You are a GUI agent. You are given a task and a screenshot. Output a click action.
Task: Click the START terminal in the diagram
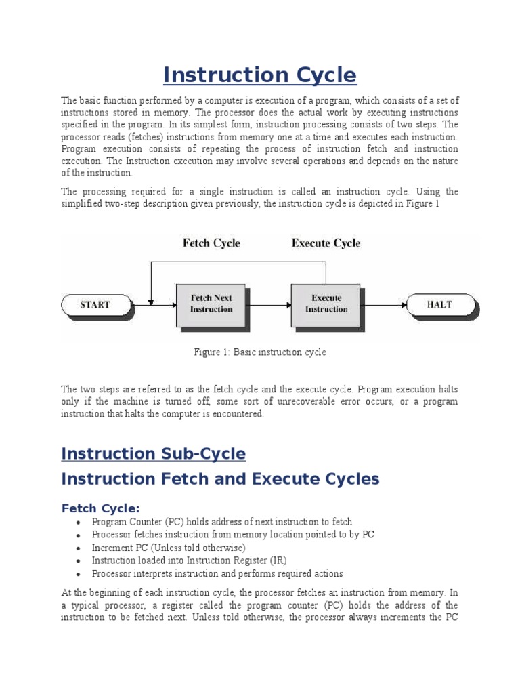point(95,304)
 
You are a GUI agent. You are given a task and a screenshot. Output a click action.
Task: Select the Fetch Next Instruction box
point(211,304)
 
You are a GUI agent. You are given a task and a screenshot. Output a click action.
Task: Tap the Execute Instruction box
point(326,304)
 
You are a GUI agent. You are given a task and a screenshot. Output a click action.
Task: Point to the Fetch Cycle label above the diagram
point(211,243)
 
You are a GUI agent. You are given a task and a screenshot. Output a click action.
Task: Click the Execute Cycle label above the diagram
point(326,243)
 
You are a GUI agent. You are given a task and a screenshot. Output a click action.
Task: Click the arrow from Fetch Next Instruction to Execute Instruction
point(267,304)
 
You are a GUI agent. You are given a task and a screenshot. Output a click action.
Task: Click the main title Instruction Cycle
point(260,75)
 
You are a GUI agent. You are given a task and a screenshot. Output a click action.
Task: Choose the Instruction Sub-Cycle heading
point(153,453)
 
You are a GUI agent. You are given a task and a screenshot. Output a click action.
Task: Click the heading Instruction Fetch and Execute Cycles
point(220,479)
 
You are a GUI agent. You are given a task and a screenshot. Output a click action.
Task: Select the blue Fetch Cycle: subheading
point(101,508)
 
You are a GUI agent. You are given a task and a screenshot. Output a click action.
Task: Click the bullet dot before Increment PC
point(79,548)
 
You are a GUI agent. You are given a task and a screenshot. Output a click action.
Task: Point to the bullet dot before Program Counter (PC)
point(79,523)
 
